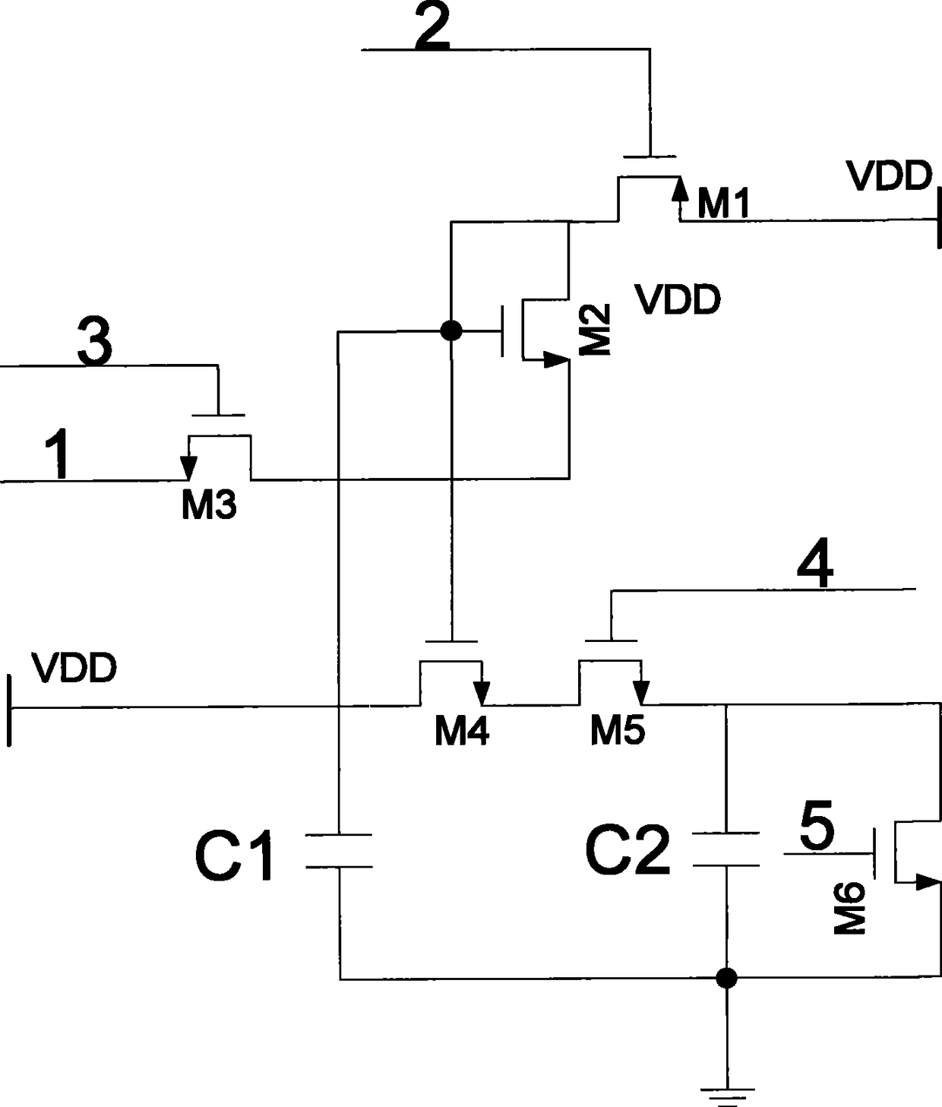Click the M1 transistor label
[x=723, y=204]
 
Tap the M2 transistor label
[x=595, y=330]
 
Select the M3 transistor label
[x=209, y=505]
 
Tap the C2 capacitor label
[x=627, y=850]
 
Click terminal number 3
[x=95, y=340]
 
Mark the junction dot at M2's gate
[x=451, y=331]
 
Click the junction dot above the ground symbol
[x=726, y=978]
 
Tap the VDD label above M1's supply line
[x=890, y=176]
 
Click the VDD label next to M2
[x=678, y=300]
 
